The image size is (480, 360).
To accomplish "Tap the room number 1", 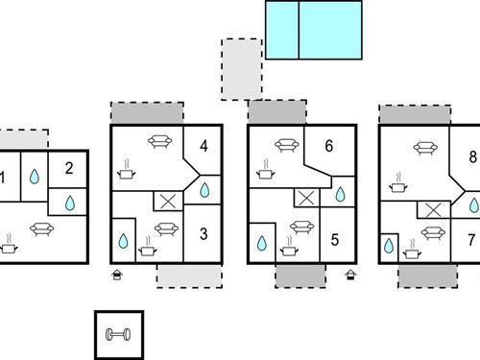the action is [x=3, y=177].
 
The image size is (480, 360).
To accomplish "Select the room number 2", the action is [x=69, y=169].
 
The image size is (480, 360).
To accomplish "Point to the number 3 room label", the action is [x=203, y=233].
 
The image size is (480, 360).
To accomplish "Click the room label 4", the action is [x=204, y=147].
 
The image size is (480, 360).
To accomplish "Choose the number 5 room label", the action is [x=335, y=241].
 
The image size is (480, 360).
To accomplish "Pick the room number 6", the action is [x=329, y=147].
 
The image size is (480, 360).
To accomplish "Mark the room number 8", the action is [x=472, y=156].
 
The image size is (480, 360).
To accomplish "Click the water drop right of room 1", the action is [x=35, y=177].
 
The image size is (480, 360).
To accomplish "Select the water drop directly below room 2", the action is [x=70, y=203].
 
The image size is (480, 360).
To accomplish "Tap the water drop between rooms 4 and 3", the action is [x=204, y=190].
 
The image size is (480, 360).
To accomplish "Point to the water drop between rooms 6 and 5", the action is [x=340, y=196].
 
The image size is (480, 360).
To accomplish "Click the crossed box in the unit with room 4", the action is [x=168, y=202].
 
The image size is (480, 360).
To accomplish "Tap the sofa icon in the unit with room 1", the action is [x=42, y=228].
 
